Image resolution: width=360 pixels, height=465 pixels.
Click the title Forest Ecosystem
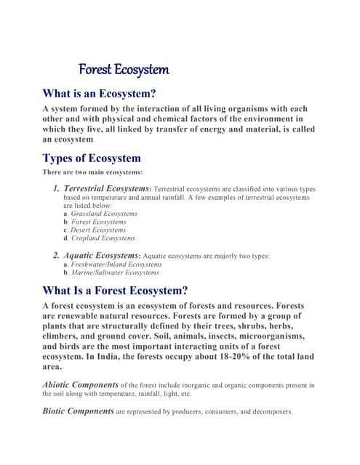click(124, 70)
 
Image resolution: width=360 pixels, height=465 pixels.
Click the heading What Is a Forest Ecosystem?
click(116, 291)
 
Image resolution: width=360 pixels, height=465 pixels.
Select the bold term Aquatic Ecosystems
click(101, 256)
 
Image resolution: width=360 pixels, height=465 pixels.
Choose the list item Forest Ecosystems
click(98, 222)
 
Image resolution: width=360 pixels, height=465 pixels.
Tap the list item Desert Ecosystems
click(98, 230)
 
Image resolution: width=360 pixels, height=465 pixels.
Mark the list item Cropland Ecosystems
click(103, 238)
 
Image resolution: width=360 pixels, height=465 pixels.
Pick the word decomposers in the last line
click(269, 411)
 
